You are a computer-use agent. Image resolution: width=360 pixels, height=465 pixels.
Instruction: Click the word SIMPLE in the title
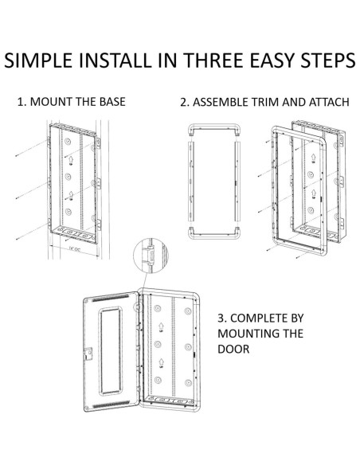coord(38,61)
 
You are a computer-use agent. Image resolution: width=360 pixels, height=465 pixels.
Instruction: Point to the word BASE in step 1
coord(112,102)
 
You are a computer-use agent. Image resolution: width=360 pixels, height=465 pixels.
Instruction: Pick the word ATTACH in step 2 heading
coord(329,102)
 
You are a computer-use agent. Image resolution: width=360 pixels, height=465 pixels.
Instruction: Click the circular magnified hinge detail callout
coord(151,255)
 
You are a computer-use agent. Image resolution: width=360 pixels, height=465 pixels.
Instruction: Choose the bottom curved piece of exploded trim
coord(213,233)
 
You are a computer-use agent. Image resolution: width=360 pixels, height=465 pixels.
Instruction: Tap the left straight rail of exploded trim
coord(191,182)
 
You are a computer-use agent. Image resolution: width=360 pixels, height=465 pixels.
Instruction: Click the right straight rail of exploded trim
coord(237,182)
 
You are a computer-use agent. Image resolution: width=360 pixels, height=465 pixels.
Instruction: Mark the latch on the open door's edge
coord(88,354)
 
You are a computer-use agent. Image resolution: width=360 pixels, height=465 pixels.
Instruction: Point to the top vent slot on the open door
coord(111,298)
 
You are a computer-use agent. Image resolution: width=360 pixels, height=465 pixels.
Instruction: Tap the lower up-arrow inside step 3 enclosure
coord(162,363)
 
